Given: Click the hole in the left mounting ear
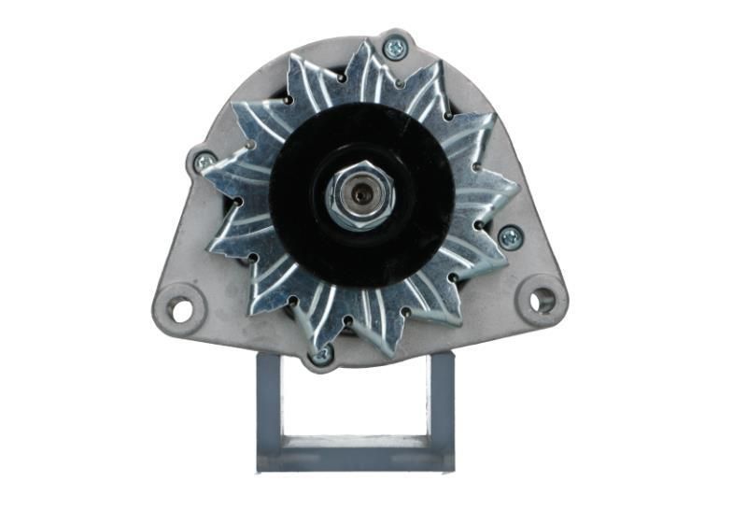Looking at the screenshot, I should click(x=180, y=308).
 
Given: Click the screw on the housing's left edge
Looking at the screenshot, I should click(x=204, y=163).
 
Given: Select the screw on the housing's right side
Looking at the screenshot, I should click(x=509, y=237).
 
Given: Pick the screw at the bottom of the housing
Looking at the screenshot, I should click(x=322, y=354).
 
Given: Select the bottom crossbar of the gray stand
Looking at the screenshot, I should click(x=355, y=455).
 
